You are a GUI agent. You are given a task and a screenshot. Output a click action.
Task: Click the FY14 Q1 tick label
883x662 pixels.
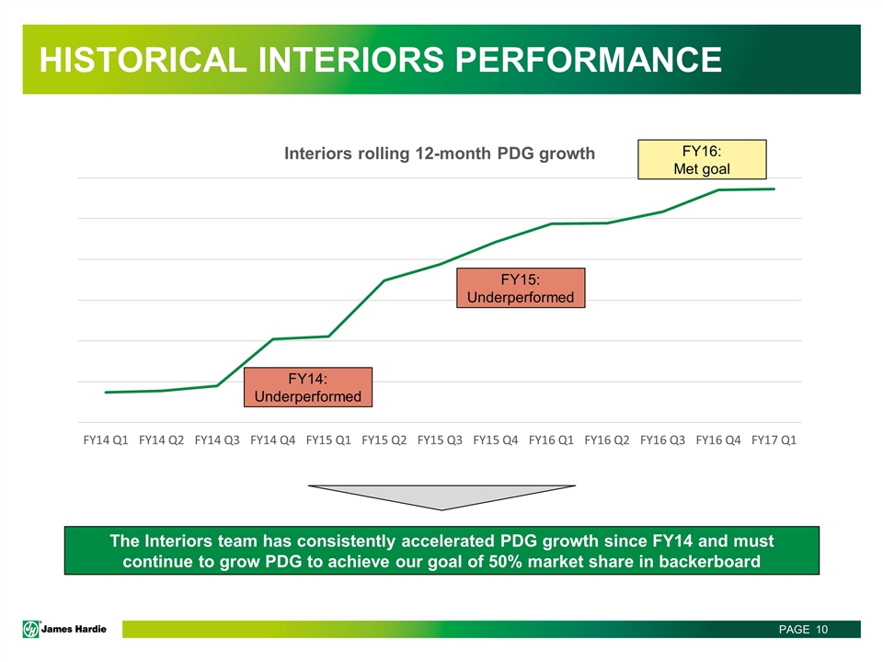click(106, 439)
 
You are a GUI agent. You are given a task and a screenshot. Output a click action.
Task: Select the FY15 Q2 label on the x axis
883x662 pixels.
click(384, 439)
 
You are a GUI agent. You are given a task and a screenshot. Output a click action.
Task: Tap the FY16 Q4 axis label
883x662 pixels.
click(718, 439)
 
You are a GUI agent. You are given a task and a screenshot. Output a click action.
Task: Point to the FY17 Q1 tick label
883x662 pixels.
click(774, 439)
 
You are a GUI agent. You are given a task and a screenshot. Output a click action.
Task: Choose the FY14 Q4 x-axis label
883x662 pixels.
click(273, 439)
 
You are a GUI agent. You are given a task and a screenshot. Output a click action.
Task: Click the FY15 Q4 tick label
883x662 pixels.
click(496, 439)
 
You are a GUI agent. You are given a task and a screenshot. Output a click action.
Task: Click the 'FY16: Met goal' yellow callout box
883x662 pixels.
click(702, 160)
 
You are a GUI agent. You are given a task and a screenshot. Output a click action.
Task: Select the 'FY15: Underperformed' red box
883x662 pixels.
click(521, 288)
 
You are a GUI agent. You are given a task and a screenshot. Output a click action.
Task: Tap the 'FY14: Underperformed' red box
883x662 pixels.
click(308, 387)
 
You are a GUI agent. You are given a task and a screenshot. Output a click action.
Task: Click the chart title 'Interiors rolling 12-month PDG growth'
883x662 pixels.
click(440, 154)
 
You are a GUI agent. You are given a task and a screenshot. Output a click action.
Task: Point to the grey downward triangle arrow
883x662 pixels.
click(442, 495)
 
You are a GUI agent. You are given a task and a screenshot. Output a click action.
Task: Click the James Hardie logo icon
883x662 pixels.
click(31, 629)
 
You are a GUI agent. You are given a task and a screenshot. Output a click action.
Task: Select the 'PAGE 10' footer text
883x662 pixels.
click(804, 629)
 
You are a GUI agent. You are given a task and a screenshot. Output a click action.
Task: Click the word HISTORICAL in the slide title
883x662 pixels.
click(143, 60)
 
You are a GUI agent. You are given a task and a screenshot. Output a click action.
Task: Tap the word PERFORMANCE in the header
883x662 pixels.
click(589, 60)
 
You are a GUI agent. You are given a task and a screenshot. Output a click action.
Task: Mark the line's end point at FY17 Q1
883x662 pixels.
click(774, 189)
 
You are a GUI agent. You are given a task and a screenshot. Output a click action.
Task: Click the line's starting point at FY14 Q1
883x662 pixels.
click(106, 392)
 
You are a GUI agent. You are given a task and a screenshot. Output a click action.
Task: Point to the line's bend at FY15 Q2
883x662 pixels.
click(384, 280)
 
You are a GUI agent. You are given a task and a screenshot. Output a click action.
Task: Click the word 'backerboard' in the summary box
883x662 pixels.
click(709, 561)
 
